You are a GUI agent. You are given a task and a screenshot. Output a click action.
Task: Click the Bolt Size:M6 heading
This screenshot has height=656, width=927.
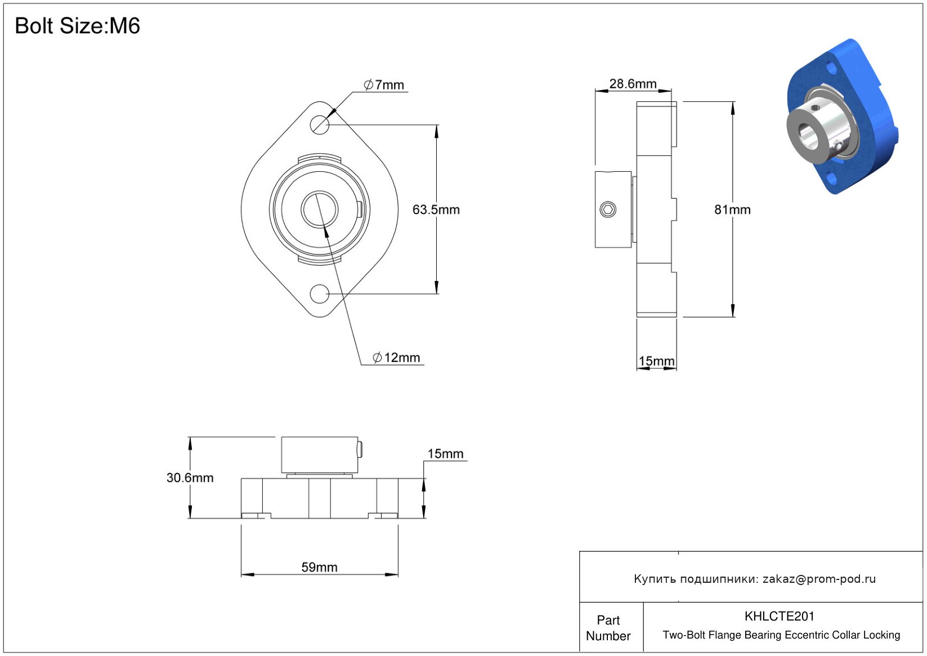pyautogui.click(x=77, y=26)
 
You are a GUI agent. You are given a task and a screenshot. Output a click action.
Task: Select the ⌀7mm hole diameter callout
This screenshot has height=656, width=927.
pyautogui.click(x=384, y=85)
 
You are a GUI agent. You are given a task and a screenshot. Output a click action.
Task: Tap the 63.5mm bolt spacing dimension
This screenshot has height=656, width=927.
pyautogui.click(x=436, y=209)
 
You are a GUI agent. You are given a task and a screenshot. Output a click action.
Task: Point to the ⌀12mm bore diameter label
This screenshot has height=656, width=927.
pyautogui.click(x=396, y=358)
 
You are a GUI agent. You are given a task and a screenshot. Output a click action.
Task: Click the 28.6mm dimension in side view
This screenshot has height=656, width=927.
pyautogui.click(x=633, y=84)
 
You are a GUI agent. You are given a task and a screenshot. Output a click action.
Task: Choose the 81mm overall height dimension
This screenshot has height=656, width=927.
pyautogui.click(x=732, y=209)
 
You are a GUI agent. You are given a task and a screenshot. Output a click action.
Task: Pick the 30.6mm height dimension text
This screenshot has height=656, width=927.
pyautogui.click(x=190, y=478)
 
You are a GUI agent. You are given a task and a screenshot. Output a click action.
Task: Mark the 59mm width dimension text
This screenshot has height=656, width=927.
pyautogui.click(x=319, y=567)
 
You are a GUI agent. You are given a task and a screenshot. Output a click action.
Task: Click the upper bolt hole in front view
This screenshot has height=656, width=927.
pyautogui.click(x=319, y=124)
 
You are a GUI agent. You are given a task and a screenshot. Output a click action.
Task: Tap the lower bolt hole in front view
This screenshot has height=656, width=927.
pyautogui.click(x=319, y=294)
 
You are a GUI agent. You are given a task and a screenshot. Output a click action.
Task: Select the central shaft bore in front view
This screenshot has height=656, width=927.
pyautogui.click(x=319, y=209)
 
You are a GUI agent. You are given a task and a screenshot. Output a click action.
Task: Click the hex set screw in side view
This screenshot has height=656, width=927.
pyautogui.click(x=607, y=209)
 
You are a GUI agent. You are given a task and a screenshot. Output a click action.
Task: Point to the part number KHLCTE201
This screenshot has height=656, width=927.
pyautogui.click(x=780, y=616)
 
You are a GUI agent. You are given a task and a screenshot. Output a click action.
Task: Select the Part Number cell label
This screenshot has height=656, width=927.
pyautogui.click(x=608, y=628)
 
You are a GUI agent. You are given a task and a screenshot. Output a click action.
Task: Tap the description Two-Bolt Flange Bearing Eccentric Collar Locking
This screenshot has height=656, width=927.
pyautogui.click(x=781, y=635)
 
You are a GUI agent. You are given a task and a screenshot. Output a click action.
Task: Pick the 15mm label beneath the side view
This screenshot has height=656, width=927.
pyautogui.click(x=656, y=361)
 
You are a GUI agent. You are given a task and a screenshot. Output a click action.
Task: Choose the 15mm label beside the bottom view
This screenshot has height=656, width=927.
pyautogui.click(x=445, y=454)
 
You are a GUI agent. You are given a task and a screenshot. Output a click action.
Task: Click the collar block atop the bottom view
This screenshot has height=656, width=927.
pyautogui.click(x=320, y=455)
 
